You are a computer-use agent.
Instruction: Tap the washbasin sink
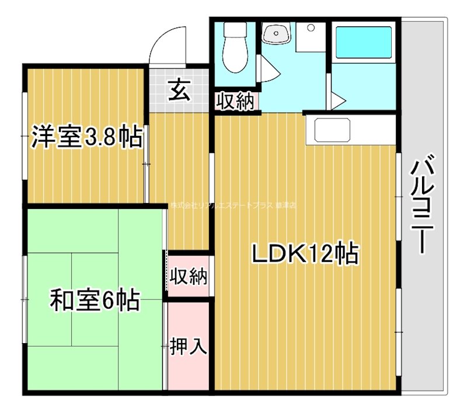pos(274,34)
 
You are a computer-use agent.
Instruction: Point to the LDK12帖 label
pos(304,253)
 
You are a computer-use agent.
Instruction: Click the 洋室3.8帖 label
pos(85,138)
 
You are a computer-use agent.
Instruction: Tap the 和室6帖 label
pos(93,301)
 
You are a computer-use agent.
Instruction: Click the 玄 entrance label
pos(179,92)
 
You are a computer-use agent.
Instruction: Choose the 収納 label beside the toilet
pos(236,102)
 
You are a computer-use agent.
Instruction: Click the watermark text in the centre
pos(233,205)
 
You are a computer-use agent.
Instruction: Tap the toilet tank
pos(236,30)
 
